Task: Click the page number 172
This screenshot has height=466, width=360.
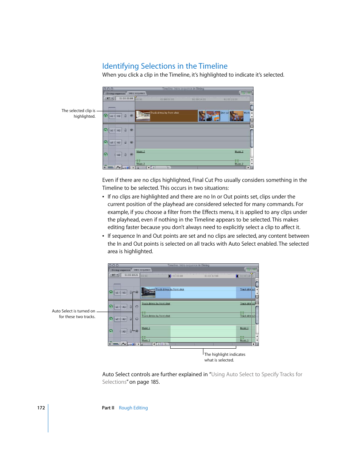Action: pos(41,408)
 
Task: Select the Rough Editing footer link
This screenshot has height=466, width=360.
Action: pos(133,408)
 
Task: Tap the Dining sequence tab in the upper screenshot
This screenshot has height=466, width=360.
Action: pos(115,94)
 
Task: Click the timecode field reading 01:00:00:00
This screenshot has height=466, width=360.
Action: pos(126,98)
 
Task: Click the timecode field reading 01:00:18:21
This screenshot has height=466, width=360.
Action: pos(131,275)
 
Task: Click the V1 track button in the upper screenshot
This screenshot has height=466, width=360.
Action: pos(118,116)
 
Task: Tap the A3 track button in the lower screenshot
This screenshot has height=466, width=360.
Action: pos(124,332)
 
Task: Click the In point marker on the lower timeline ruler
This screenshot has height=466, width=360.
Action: pos(169,276)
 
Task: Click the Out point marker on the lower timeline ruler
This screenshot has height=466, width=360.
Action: pos(237,276)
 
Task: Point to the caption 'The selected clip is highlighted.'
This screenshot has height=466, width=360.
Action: pos(78,114)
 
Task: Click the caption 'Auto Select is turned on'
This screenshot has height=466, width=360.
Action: pos(74,311)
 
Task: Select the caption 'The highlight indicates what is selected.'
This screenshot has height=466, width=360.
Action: pos(225,357)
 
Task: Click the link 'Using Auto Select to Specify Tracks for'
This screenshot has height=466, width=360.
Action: pos(257,374)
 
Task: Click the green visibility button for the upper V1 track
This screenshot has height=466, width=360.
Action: pos(106,116)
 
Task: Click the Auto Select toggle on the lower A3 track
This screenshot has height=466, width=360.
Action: pos(137,331)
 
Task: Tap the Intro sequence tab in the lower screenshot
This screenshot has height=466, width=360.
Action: pos(142,270)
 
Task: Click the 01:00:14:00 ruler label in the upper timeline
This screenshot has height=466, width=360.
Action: pos(199,100)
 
